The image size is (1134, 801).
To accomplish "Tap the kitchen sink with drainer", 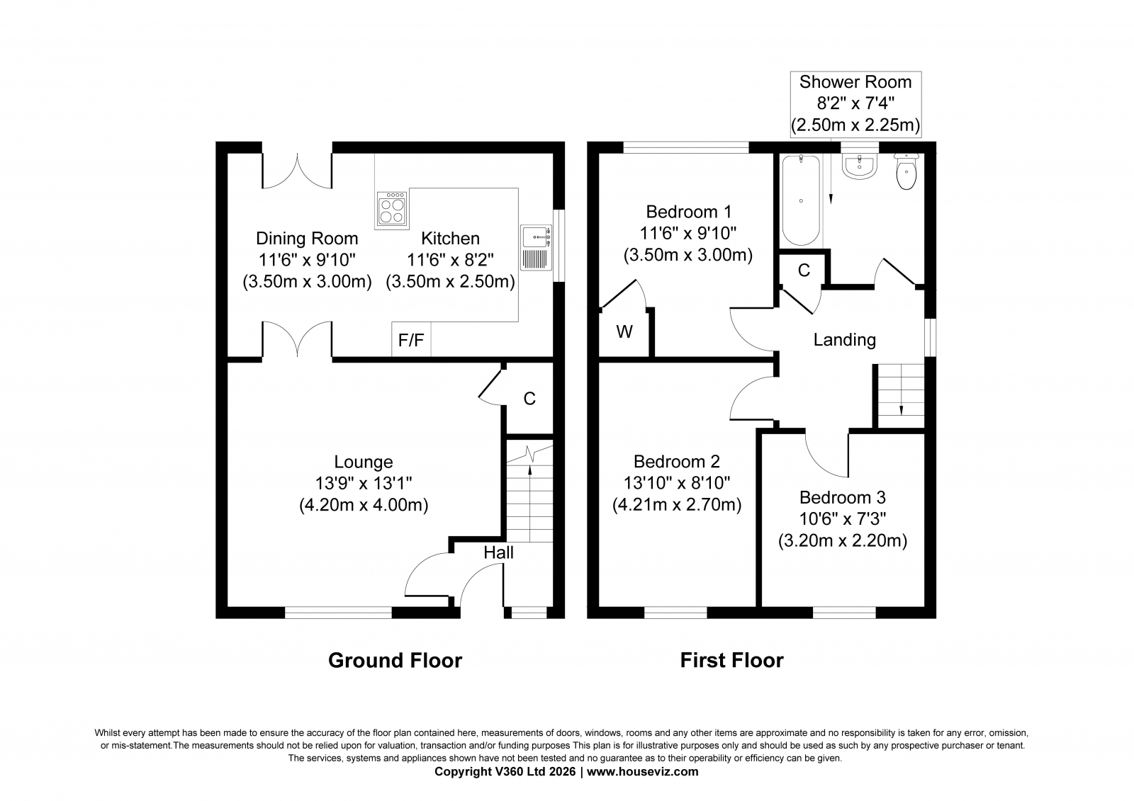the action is point(536,248).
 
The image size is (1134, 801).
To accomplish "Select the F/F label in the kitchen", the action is point(411,341).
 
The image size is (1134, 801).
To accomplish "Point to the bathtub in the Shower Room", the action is point(801,200).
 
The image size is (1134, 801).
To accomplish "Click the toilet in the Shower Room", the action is point(906,171).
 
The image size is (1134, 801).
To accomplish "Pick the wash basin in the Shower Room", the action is point(860,166).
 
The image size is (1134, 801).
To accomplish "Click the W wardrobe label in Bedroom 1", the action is point(624,332).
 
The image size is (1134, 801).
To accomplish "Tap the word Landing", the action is point(844,339).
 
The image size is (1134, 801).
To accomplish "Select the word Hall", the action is point(499,552).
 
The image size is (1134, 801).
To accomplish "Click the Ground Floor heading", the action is point(395,660).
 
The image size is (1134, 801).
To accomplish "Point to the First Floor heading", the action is point(731,660).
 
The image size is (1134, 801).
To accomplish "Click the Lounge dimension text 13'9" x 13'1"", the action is point(364,483).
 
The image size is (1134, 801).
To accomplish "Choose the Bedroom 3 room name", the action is point(843,497).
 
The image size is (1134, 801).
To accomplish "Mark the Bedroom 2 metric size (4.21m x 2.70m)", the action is point(677,505).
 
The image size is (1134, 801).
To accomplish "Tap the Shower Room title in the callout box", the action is point(855,82).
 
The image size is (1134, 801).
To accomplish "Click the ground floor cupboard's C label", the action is point(529,399).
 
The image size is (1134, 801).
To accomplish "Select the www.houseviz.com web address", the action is point(642,772).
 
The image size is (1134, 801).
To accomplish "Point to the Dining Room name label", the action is point(307,238).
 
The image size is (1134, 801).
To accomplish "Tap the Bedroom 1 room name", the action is point(688,212).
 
